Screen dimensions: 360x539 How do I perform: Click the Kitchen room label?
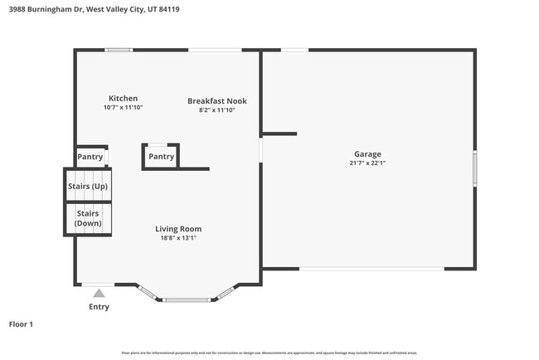(123, 98)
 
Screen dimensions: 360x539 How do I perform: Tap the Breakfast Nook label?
(217, 101)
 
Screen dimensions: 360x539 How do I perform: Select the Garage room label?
(367, 154)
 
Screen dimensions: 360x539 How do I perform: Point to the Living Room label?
(178, 229)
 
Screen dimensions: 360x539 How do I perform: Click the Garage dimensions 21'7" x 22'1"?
(367, 163)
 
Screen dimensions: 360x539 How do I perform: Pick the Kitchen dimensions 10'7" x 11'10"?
(123, 108)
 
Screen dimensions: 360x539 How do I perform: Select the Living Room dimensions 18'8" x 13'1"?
(178, 238)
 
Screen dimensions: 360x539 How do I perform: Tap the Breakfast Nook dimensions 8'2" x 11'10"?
(217, 110)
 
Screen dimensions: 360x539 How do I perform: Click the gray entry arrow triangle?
(99, 293)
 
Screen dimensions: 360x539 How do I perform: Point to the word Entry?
(99, 307)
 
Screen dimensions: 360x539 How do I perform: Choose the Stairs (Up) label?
(88, 186)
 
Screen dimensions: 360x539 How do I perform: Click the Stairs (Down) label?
(88, 218)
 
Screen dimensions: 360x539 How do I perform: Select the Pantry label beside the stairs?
(90, 157)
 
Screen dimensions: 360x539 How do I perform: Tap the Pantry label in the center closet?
(161, 157)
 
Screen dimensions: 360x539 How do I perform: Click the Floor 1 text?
(21, 324)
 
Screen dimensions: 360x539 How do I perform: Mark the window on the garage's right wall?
(475, 168)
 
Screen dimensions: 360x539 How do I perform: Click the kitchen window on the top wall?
(119, 50)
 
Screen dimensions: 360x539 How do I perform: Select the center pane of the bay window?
(188, 299)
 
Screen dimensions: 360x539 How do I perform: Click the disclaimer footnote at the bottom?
(269, 353)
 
